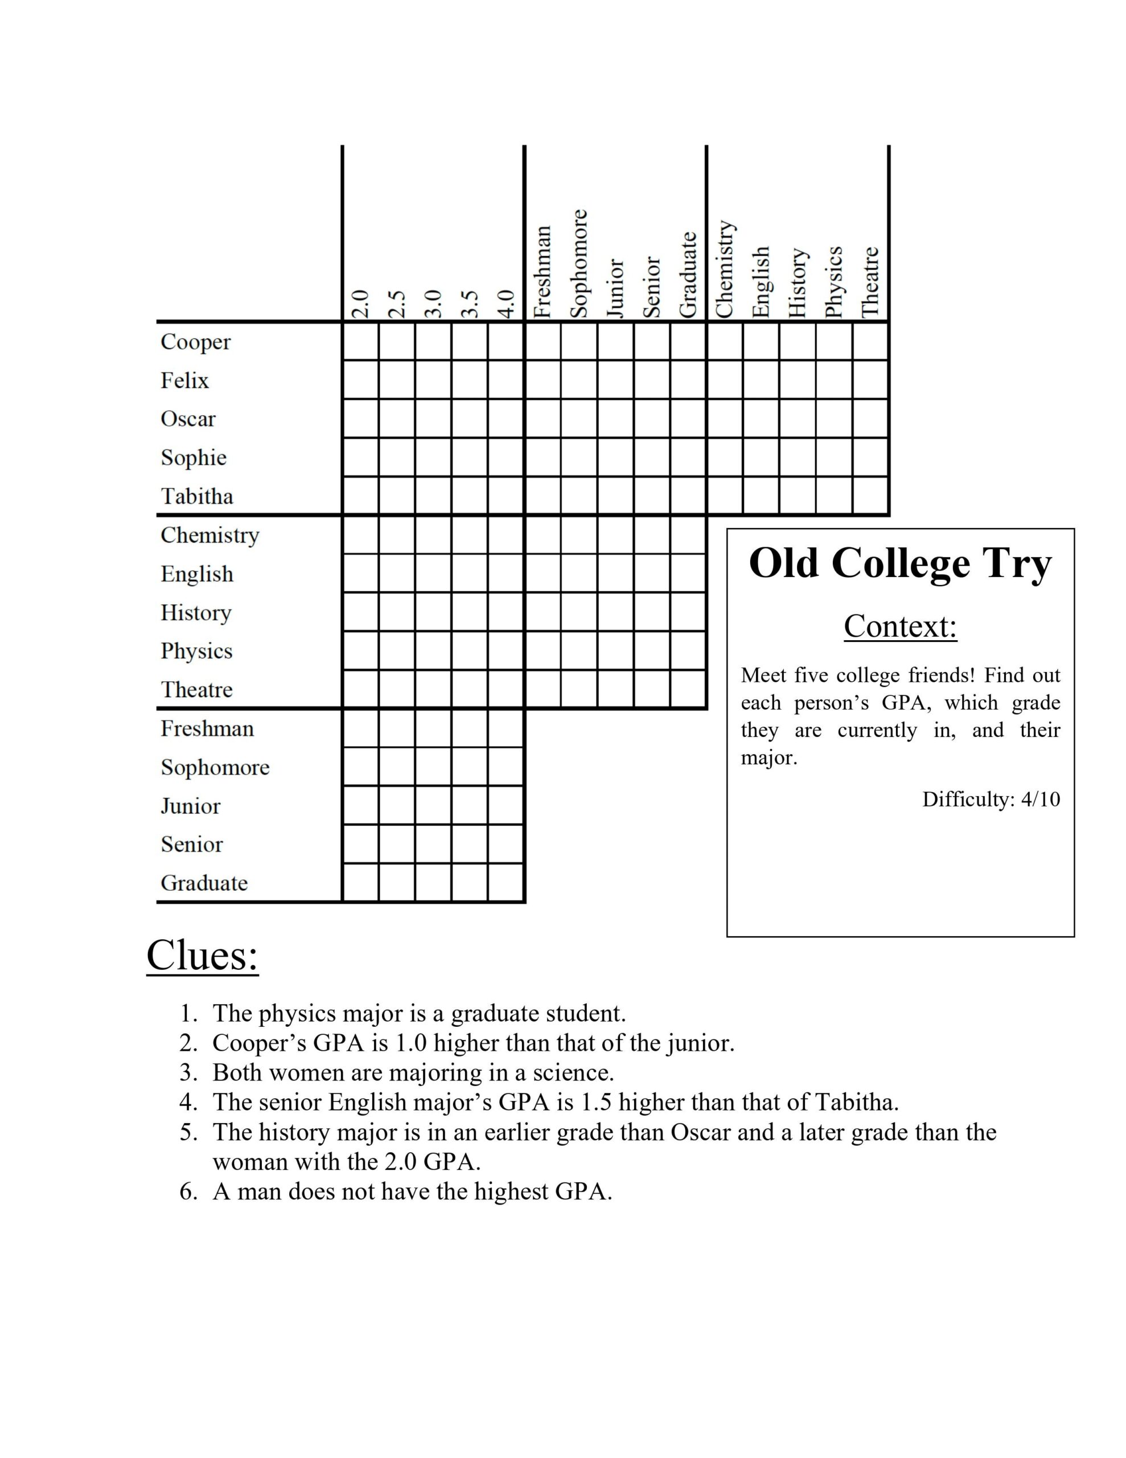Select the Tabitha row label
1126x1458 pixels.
[197, 496]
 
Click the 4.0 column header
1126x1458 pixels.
[507, 304]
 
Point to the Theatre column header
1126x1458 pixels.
[870, 282]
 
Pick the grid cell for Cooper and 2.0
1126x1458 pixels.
[360, 342]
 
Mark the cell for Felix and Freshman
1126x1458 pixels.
[543, 380]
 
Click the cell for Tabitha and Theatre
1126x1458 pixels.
[870, 495]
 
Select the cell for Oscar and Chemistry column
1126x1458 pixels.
[724, 419]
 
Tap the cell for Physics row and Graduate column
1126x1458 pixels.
[688, 650]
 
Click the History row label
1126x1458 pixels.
[196, 612]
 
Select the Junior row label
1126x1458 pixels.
[190, 806]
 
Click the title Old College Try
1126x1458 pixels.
[900, 564]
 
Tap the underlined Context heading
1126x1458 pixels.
[900, 626]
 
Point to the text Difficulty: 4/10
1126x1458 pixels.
[991, 799]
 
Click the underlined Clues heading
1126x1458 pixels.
[202, 955]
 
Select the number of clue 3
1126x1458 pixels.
[188, 1073]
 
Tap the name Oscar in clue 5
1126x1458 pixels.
[700, 1132]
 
